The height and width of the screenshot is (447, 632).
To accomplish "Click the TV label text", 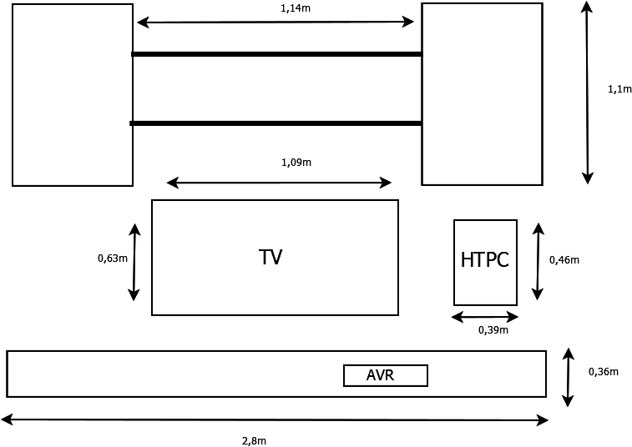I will [x=270, y=257].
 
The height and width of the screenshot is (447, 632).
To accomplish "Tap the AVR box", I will [x=385, y=376].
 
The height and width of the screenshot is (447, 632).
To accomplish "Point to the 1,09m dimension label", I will [x=296, y=162].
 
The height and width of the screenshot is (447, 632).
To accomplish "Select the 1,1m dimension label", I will [x=619, y=89].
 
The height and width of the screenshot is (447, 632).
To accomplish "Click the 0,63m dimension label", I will [x=113, y=259].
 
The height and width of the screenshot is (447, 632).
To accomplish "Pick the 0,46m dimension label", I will [x=564, y=260].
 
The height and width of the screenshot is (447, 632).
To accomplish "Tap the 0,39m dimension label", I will [x=493, y=330].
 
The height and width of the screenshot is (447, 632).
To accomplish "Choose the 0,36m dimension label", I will [x=604, y=372].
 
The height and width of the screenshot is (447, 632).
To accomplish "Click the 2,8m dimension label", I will [x=254, y=440].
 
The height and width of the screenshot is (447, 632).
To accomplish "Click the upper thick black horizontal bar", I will [x=276, y=54].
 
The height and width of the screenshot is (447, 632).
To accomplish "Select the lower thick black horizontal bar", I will [x=276, y=123].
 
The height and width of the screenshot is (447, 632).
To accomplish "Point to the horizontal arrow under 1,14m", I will [x=276, y=23].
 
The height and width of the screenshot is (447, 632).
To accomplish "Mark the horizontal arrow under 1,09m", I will [x=279, y=183].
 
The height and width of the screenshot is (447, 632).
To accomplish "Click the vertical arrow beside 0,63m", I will [x=134, y=262].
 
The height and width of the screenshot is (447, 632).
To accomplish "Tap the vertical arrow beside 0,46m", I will [x=538, y=261].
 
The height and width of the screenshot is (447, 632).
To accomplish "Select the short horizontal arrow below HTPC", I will [x=485, y=317].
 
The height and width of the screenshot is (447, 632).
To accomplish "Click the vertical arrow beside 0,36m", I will [x=569, y=377].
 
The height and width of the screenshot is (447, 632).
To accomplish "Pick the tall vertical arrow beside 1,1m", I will [x=588, y=92].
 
